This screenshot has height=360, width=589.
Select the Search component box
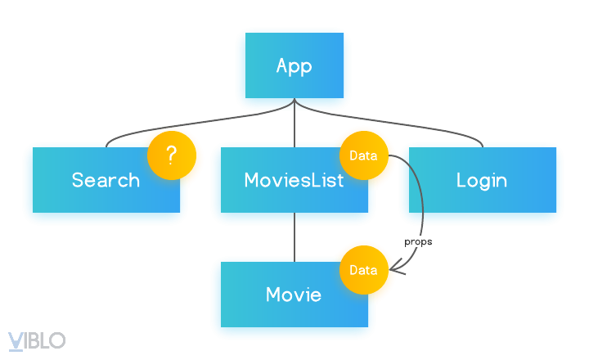90,196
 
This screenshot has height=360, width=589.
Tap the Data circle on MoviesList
363,155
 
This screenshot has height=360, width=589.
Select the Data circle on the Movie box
363,270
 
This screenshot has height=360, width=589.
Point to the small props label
418,242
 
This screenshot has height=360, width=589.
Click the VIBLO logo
37,340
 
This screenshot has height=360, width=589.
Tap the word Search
106,180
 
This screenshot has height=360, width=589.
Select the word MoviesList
293,180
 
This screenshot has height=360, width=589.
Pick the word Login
481,180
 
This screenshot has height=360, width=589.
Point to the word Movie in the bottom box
294,295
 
